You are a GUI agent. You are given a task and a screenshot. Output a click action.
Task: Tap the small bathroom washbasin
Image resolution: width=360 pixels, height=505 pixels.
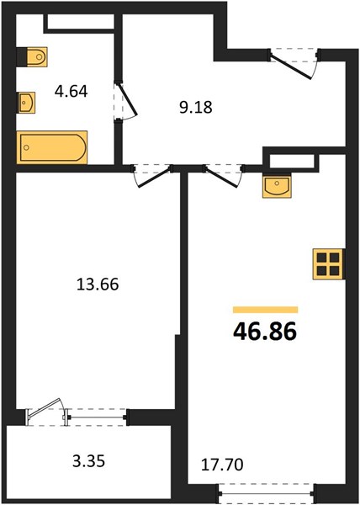coord(26,103)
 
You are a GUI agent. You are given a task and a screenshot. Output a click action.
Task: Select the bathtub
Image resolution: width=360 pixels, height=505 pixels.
coord(52,147)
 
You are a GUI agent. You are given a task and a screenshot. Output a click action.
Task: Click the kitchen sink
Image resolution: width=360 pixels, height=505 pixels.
coord(277,187)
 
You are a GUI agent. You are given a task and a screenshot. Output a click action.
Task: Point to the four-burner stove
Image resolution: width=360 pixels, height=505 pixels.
coord(329,264)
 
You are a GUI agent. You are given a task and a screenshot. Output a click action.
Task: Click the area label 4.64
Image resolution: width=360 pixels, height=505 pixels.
coord(71,92)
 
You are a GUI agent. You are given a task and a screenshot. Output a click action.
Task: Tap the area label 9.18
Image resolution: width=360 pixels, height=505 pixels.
coord(196,107)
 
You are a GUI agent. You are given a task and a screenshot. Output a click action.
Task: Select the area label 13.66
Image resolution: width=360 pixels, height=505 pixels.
coord(98,284)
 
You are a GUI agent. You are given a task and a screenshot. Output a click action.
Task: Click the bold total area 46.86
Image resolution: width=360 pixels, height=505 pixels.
coord(265,332)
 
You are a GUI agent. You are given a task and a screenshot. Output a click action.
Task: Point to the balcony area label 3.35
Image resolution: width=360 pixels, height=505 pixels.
coord(89,461)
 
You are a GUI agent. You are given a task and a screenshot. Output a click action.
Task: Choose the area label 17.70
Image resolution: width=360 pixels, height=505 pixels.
coord(222,465)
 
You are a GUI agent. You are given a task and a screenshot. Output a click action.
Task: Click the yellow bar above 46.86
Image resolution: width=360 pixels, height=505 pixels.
coord(266,310)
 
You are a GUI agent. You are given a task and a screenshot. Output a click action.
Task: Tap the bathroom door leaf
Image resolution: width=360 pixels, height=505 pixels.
coord(127,98)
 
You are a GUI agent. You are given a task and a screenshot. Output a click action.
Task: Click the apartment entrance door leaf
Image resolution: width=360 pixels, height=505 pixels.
coord(290,66)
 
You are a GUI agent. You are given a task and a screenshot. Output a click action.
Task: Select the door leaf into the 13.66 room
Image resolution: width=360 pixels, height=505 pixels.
coord(154,177)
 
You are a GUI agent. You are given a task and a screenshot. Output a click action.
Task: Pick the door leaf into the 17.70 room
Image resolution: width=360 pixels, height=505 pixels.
coord(221,177)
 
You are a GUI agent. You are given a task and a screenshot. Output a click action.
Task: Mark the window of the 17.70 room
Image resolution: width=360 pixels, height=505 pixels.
coord(266,493)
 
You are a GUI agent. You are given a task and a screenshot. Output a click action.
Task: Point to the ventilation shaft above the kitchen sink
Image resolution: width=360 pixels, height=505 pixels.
coord(292,161)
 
